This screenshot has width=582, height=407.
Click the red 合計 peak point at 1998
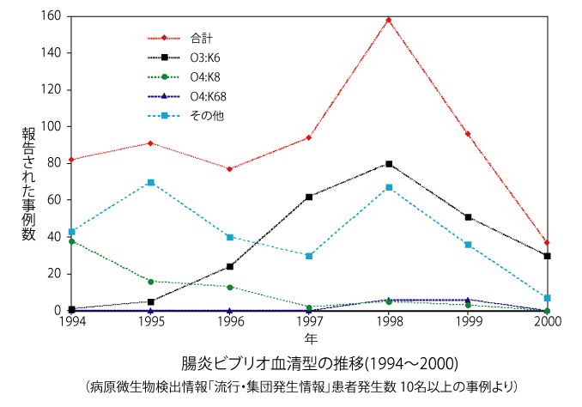388,20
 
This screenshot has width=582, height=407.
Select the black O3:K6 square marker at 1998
388,164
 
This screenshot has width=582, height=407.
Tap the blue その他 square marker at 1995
150,183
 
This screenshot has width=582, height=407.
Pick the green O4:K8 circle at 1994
71,241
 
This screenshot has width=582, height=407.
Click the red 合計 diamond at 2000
547,243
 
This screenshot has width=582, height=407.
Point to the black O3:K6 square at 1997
309,197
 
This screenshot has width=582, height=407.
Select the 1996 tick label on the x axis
229,322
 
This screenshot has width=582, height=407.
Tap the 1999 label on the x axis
467,322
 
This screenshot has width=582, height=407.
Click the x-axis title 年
310,337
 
